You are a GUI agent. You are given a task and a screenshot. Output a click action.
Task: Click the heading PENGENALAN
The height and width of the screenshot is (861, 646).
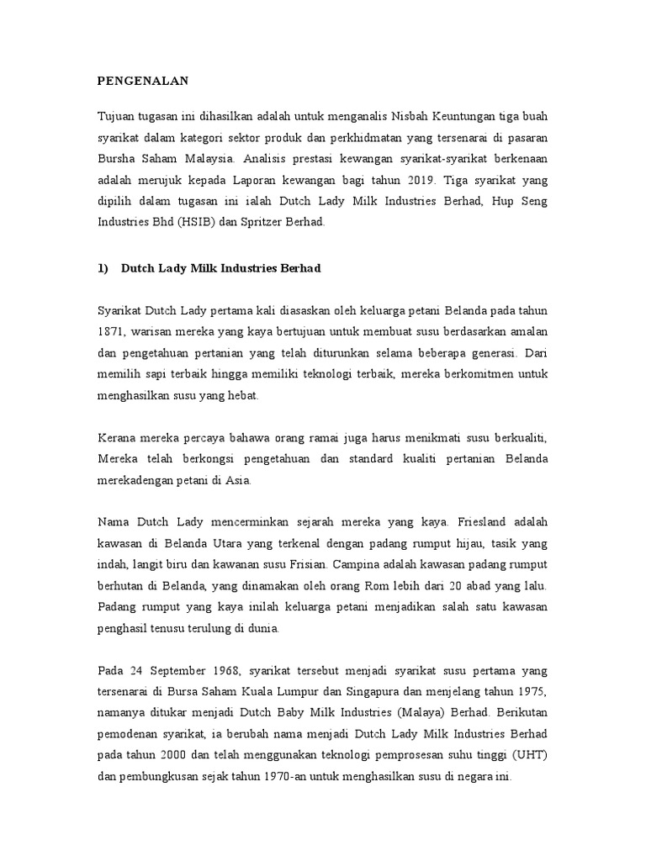[x=141, y=81]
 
